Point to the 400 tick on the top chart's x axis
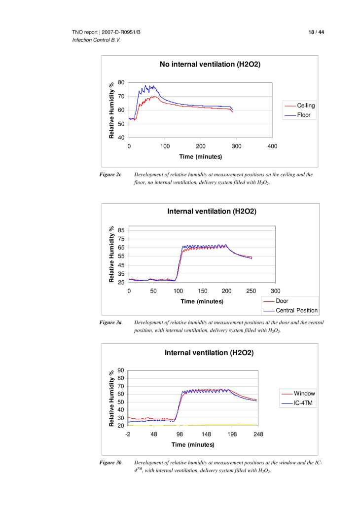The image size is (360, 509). [272, 146]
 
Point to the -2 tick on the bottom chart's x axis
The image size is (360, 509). [128, 434]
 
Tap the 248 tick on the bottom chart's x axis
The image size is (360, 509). [258, 434]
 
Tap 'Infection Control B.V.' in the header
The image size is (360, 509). [96, 40]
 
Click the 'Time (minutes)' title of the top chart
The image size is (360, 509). [200, 157]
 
